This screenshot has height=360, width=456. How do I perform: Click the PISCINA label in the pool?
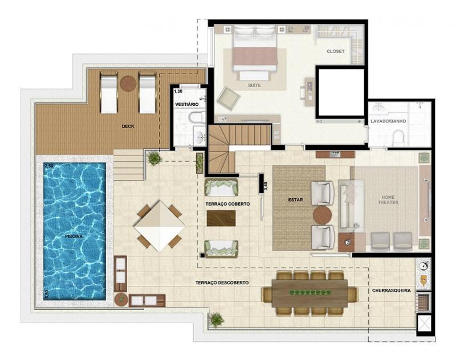coord(74,236)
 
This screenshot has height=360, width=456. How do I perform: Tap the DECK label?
coord(128,126)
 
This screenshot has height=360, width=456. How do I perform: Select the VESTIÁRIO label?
coord(187,104)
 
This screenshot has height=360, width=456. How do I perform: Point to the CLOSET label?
coord(336,51)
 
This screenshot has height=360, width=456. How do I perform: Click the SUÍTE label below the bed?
coord(254,85)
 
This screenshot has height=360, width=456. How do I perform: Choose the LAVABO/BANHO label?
coord(388,121)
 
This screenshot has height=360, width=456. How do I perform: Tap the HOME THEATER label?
coord(388,199)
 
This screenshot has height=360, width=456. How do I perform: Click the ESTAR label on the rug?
coord(295,200)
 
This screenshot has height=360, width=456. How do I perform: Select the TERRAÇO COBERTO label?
coord(227,204)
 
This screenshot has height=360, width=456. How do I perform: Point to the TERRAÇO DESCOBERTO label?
coord(222,283)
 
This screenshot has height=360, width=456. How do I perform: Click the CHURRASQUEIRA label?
coord(392,291)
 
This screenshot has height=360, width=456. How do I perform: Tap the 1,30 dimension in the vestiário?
coord(178,91)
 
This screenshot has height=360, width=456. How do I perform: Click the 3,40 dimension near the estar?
coord(265,186)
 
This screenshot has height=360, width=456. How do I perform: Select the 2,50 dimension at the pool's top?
coord(48,166)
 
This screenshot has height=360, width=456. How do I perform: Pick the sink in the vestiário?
coord(200,136)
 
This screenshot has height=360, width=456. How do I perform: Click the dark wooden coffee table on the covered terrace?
coord(221,218)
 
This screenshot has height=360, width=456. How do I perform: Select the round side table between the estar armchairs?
coord(322,215)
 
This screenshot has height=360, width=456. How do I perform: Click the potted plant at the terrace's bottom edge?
coord(217,320)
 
